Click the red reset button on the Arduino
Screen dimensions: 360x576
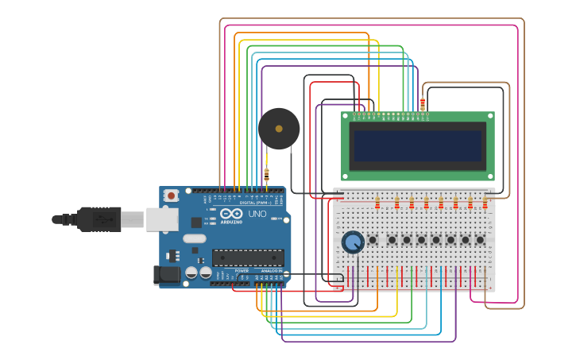point(171,195)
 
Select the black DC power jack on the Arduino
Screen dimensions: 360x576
point(164,275)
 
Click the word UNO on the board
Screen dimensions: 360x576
point(257,215)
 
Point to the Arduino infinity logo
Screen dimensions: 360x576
point(231,215)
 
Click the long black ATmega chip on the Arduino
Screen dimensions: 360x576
point(247,257)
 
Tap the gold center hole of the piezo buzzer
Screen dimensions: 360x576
point(279,128)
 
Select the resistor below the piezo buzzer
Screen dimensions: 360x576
point(266,172)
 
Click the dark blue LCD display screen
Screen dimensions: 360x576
point(418,146)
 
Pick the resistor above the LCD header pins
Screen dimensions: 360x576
point(422,104)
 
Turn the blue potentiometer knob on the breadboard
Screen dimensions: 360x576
point(352,242)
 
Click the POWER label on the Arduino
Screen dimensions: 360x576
point(242,270)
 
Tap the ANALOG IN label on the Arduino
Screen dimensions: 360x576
point(272,270)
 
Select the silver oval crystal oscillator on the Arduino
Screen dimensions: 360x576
point(194,238)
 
